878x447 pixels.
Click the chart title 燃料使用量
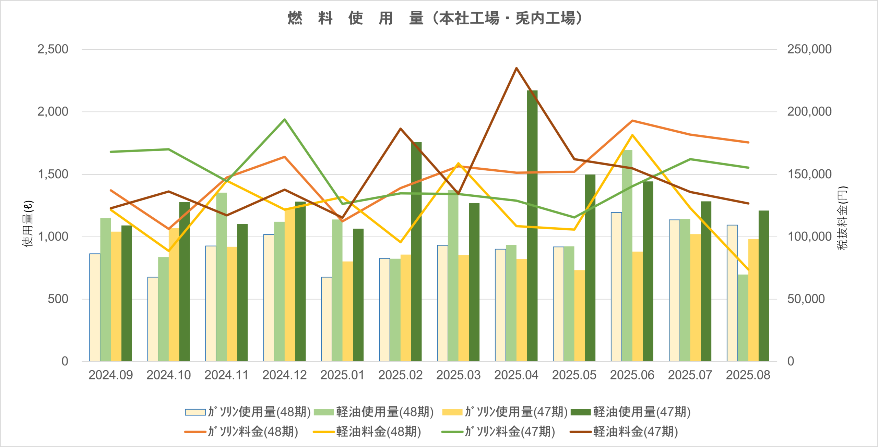point(435,18)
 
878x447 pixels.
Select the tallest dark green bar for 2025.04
point(532,226)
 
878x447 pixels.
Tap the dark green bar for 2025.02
point(416,252)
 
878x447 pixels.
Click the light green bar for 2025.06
point(627,255)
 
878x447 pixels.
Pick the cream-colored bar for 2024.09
point(95,307)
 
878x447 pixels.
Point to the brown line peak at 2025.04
point(516,68)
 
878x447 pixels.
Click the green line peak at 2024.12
point(284,120)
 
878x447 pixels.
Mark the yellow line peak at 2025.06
point(632,135)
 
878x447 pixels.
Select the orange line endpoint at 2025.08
point(748,142)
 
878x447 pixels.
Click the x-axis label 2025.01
point(342,375)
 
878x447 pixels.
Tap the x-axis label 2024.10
point(168,375)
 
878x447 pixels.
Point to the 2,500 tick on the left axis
point(53,49)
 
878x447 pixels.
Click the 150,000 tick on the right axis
point(809,174)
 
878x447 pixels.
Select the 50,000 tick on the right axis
point(806,299)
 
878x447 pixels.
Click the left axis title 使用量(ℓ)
point(28,223)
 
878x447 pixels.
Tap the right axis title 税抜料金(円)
point(842,218)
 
